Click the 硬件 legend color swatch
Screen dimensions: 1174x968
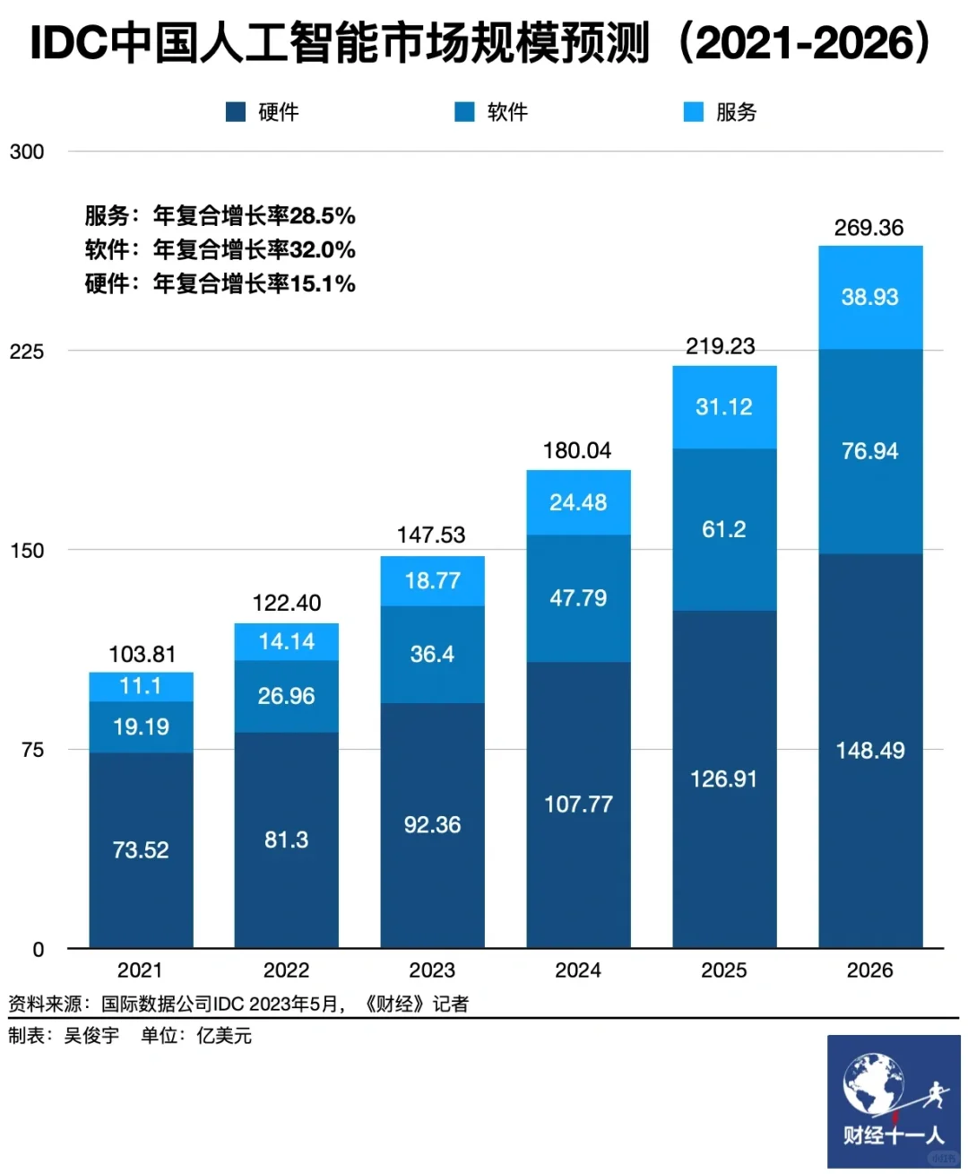coord(236,112)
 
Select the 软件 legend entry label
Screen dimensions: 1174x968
coord(507,112)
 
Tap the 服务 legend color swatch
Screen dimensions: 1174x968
coord(694,112)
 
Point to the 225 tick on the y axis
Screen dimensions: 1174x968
coord(27,352)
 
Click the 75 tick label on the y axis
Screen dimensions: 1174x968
coord(32,750)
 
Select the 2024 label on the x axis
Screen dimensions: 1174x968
coord(578,970)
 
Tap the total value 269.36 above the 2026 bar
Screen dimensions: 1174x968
coord(869,228)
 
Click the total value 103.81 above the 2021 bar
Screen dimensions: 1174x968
coord(142,655)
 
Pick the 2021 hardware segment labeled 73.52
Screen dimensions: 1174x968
coord(141,849)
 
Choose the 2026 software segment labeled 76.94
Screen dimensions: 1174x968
coord(869,451)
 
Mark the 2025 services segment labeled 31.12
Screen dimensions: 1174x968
coord(724,407)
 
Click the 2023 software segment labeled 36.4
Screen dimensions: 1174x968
coord(432,655)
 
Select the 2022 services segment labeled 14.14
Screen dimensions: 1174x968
coord(287,642)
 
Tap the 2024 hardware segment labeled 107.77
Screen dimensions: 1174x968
coord(578,804)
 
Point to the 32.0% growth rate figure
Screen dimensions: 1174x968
coord(323,250)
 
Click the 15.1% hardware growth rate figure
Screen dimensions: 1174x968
coord(323,284)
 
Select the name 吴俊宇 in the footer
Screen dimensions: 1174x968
coord(91,1036)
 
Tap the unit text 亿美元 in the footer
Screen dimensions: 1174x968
coord(224,1036)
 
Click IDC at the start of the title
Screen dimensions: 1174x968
coord(69,43)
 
